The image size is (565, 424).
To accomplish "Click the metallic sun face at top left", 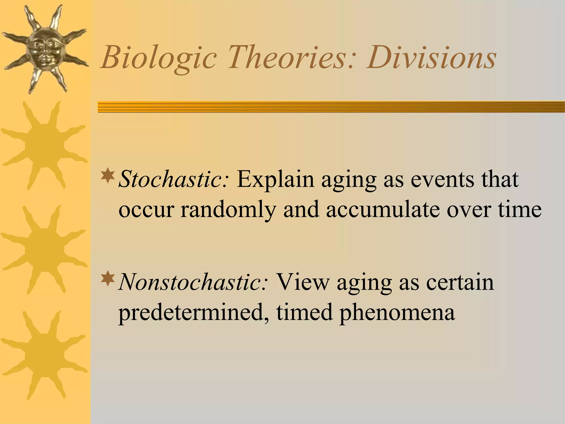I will (x=44, y=48).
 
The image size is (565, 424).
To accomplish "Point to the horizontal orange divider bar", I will (x=331, y=107).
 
